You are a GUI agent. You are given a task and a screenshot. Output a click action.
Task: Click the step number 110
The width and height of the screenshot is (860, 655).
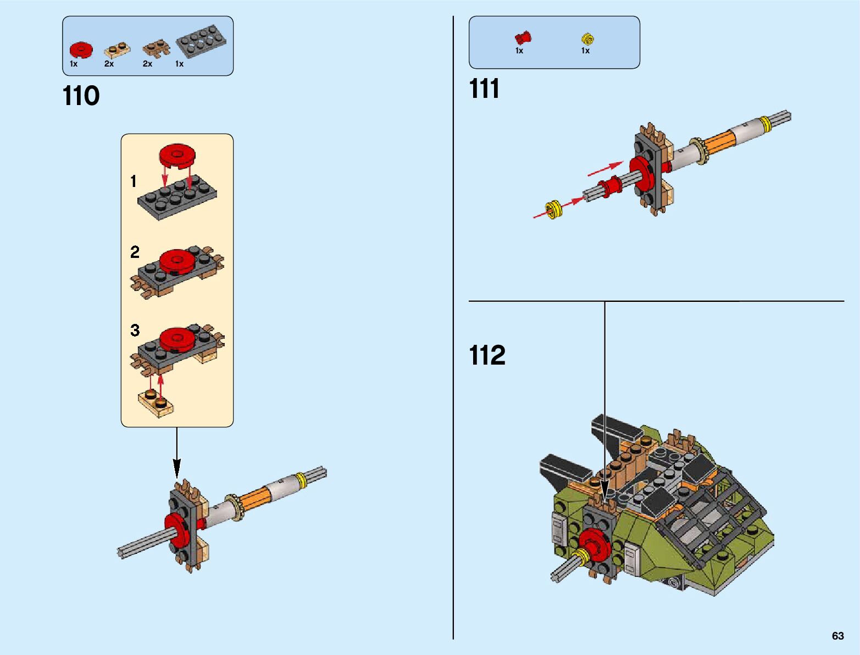click(81, 96)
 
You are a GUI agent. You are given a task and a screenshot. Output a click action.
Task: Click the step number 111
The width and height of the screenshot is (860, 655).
click(484, 89)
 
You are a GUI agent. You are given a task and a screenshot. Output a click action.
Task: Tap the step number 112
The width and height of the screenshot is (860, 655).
click(487, 355)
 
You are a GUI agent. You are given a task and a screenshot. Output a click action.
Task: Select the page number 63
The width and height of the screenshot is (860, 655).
click(837, 636)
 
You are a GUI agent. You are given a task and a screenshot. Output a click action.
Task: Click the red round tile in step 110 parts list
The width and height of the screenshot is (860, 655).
click(81, 50)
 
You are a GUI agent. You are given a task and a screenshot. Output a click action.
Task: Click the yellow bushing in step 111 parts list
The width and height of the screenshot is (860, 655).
click(587, 38)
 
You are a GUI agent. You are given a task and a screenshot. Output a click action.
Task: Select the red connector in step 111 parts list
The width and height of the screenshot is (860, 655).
click(523, 37)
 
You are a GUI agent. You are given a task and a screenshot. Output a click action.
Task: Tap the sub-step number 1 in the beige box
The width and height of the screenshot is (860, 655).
click(134, 181)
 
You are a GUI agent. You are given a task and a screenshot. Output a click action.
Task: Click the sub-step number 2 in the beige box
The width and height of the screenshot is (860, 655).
click(135, 252)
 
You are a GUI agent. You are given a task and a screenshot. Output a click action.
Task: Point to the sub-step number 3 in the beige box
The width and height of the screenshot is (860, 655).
click(135, 330)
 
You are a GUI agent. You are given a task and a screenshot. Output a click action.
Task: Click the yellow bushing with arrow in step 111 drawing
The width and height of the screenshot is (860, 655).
click(554, 209)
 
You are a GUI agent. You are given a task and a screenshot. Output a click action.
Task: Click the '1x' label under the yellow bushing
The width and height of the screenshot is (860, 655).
click(585, 51)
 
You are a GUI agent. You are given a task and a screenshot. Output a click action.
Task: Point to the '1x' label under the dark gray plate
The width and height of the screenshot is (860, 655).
click(179, 64)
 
